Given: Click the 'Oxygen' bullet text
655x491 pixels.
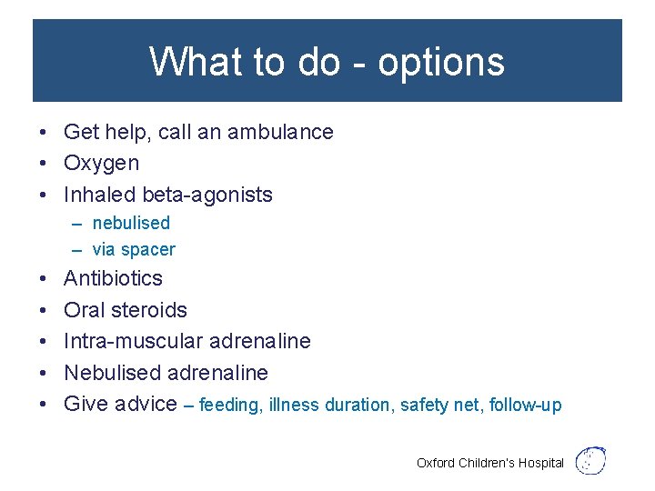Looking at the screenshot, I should (101, 164).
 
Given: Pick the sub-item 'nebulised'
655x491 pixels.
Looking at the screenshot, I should (131, 223).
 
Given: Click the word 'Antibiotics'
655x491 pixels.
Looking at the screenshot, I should (113, 278).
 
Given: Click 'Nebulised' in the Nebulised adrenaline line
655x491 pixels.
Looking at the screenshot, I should (112, 373).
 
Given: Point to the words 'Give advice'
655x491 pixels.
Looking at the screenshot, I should (120, 404).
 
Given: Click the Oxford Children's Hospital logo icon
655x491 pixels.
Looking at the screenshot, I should (592, 460).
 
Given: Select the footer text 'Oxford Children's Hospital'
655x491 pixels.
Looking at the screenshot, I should (489, 463).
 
